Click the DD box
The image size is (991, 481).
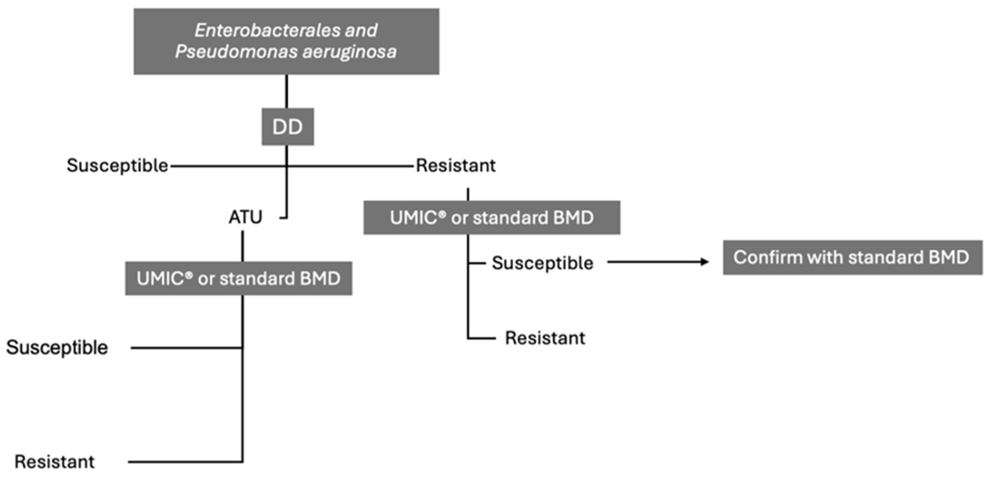click(288, 127)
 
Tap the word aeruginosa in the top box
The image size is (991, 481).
click(349, 52)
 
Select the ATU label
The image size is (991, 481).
click(245, 217)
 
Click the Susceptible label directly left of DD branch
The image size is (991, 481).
click(117, 166)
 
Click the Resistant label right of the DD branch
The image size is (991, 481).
click(456, 166)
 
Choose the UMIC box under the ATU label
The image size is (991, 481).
click(238, 278)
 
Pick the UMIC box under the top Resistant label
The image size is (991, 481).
click(492, 218)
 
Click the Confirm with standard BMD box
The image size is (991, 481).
click(852, 257)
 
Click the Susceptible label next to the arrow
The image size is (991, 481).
click(543, 263)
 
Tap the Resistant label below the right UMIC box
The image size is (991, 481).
click(545, 338)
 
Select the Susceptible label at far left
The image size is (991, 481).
click(57, 347)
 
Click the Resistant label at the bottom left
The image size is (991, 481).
click(54, 462)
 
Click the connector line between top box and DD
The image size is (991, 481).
click(286, 91)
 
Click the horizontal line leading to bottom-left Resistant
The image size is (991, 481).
click(185, 462)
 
